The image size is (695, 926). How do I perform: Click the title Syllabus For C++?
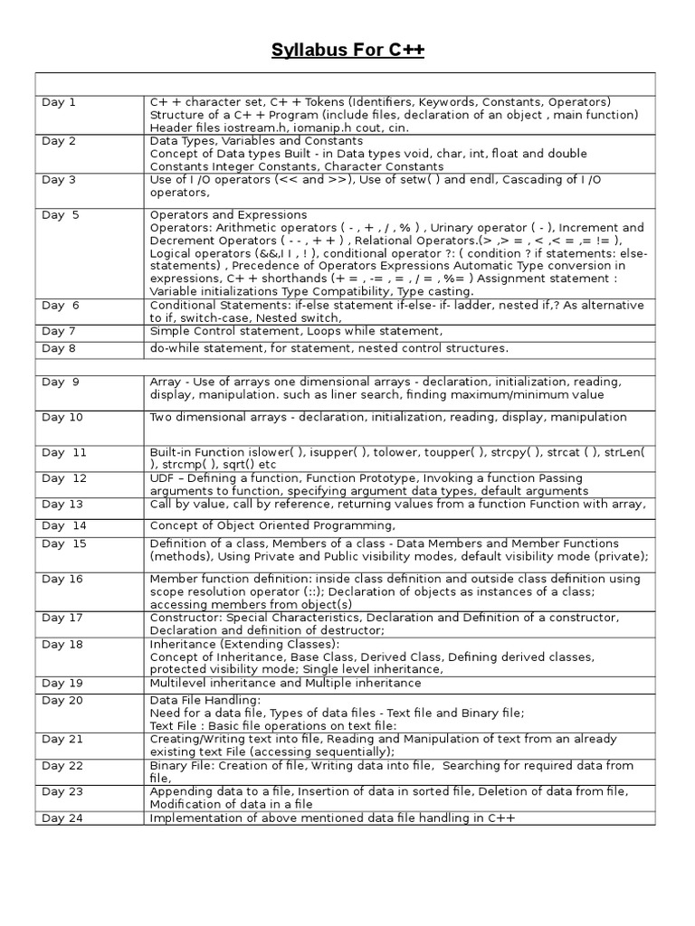(347, 50)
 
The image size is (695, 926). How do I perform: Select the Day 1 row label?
(59, 102)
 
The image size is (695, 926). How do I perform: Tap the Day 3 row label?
(59, 180)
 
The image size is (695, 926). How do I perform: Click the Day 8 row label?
(59, 348)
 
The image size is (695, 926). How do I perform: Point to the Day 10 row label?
(62, 417)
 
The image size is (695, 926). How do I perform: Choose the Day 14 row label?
(63, 525)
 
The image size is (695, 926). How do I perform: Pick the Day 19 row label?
(62, 684)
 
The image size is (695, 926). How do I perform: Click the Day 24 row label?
(62, 817)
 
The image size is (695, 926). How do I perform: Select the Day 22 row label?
(62, 766)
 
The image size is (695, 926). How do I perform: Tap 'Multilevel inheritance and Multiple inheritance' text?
(285, 684)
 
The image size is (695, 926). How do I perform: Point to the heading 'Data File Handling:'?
(205, 700)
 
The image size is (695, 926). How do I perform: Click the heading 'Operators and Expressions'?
(228, 215)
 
